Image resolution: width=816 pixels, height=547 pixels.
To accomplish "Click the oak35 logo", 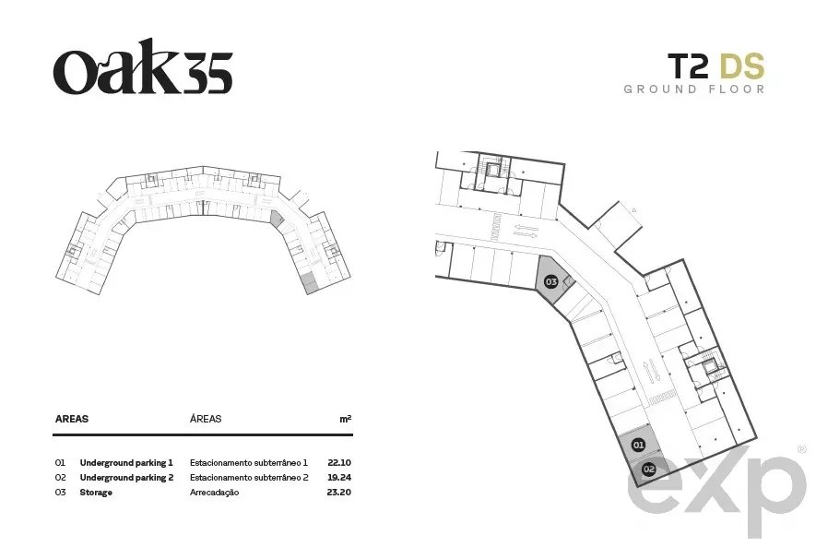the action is (x=143, y=66).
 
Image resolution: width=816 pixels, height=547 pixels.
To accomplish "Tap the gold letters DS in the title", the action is (x=742, y=66).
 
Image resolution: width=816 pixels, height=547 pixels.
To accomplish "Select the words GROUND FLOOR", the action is (x=694, y=89).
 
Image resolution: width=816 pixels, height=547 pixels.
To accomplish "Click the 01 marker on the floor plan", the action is (x=638, y=445).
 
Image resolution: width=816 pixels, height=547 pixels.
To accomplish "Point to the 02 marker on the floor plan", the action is (x=648, y=469).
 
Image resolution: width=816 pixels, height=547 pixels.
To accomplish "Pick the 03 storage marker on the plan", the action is (x=550, y=282).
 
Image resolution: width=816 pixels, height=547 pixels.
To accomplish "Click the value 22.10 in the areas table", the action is (x=339, y=462).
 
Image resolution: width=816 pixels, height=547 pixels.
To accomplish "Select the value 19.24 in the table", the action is (x=339, y=477).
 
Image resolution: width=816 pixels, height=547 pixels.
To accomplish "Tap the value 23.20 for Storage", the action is (x=339, y=492).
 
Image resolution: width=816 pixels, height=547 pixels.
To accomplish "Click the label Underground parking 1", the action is (x=126, y=463).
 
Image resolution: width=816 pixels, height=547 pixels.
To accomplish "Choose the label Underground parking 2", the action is (x=126, y=478).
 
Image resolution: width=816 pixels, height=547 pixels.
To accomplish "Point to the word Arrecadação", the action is (x=215, y=493).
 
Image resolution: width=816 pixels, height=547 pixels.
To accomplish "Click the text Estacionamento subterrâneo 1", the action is (x=249, y=462).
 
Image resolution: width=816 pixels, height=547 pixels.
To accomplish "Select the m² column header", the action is (x=346, y=419).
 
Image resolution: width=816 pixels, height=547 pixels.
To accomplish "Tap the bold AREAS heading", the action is (x=72, y=419).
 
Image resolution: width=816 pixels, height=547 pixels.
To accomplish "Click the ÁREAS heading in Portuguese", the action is (x=206, y=419).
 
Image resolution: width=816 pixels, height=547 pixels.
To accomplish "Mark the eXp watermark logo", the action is (x=718, y=492).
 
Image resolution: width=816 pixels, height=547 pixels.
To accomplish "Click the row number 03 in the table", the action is (x=60, y=492).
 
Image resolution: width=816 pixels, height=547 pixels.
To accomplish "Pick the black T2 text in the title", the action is (x=688, y=66).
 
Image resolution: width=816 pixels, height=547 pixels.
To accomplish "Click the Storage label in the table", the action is (x=96, y=493).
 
